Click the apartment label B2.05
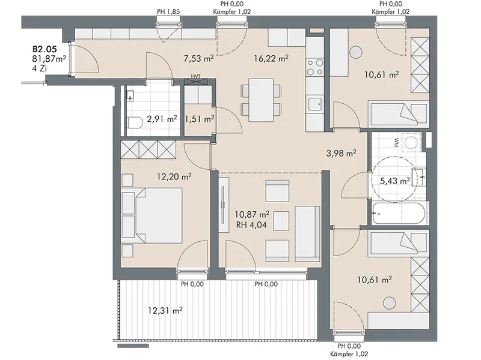[x=44, y=49]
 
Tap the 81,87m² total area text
[x=49, y=58]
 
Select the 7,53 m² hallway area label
[x=198, y=58]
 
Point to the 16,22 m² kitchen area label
[x=271, y=58]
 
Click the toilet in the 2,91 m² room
[x=135, y=123]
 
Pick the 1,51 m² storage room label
[x=199, y=119]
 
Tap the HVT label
[x=195, y=76]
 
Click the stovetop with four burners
[x=315, y=67]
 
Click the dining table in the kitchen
[x=261, y=100]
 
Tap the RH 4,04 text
[x=251, y=226]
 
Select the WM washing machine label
[x=396, y=143]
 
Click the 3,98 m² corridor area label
[x=341, y=153]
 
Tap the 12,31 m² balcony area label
[x=165, y=311]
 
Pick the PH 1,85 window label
[x=168, y=11]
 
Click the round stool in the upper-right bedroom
[x=356, y=52]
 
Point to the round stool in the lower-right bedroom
[x=390, y=303]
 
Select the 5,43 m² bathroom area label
[x=395, y=181]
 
